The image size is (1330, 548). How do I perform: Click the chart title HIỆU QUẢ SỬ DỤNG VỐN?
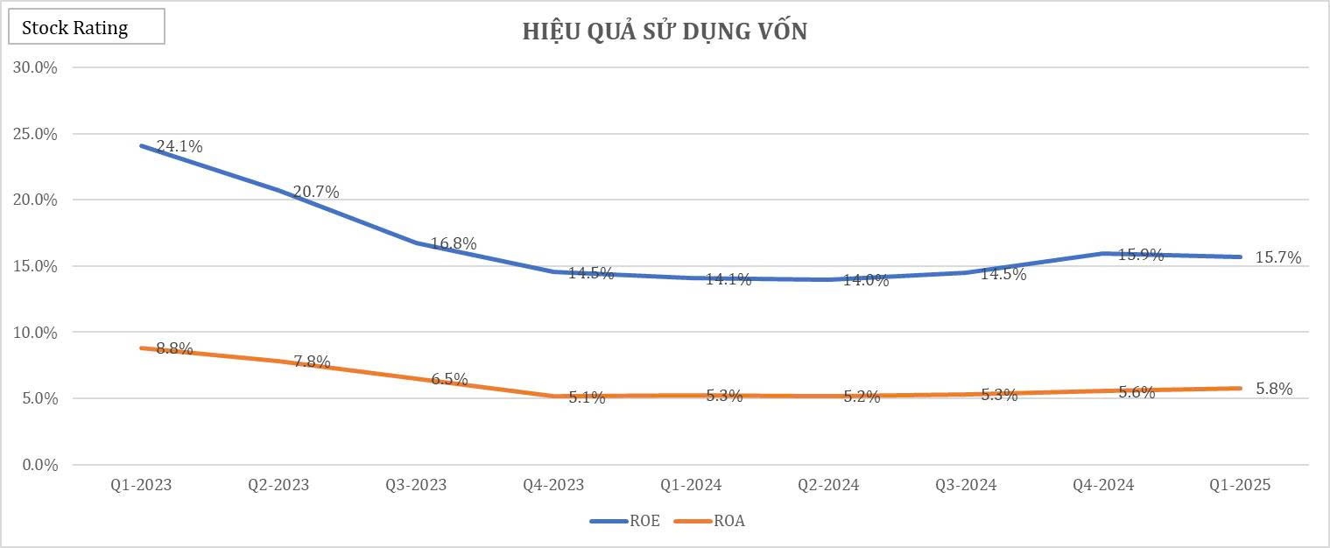(665, 32)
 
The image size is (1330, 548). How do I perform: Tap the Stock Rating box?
(86, 27)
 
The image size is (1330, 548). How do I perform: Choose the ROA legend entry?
(709, 521)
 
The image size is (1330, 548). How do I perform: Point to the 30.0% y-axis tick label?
(34, 67)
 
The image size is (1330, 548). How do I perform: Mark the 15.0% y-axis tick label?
(34, 266)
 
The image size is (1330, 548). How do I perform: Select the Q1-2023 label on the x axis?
(141, 485)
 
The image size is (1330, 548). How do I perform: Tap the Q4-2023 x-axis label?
(553, 485)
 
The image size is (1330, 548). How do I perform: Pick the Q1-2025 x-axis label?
(1240, 485)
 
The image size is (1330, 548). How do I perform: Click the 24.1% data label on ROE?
(179, 147)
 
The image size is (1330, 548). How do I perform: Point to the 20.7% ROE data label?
(316, 192)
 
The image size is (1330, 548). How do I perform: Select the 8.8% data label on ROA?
(174, 348)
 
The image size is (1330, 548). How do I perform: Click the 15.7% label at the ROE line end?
(1278, 257)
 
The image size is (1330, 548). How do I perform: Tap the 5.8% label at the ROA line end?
(1274, 390)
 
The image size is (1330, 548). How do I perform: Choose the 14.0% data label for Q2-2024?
(866, 280)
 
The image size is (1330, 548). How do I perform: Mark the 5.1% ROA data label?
(587, 397)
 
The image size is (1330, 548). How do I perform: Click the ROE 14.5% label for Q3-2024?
(1003, 274)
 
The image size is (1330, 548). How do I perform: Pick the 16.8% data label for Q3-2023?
(454, 244)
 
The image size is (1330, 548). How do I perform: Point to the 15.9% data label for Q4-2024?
(1141, 256)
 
